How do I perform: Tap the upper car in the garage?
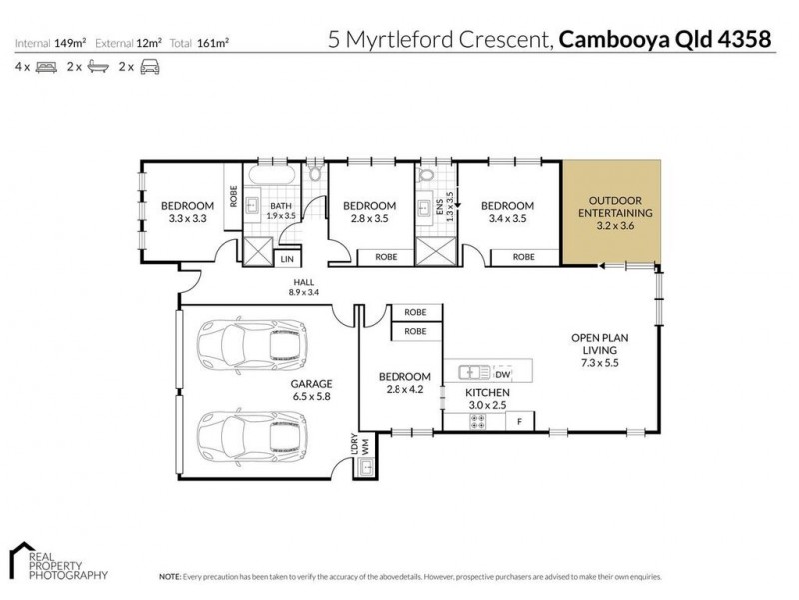249,345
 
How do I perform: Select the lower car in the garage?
249,433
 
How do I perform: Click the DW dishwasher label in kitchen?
502,374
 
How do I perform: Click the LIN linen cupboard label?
288,258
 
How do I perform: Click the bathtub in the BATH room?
270,174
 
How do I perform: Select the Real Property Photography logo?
57,562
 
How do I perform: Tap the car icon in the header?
150,67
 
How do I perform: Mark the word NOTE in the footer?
169,577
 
